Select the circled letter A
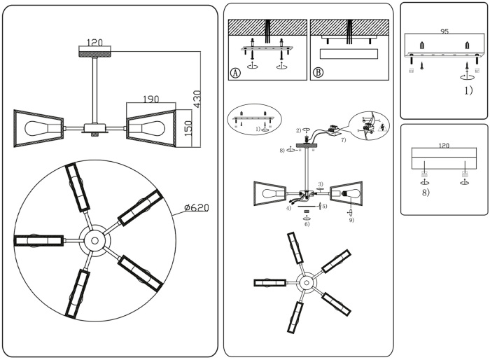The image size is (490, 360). coord(235,72)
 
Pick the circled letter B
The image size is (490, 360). coord(318,72)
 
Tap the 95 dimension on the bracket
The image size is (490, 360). coord(444,32)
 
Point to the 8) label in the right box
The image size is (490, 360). coord(426,191)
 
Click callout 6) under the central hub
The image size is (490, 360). coord(306,224)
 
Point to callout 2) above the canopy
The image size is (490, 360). coord(298,130)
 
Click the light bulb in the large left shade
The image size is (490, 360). coord(37,128)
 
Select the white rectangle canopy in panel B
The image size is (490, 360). coord(348,54)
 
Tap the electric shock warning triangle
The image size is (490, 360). coord(381,130)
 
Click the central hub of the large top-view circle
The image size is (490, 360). coord(92,240)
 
